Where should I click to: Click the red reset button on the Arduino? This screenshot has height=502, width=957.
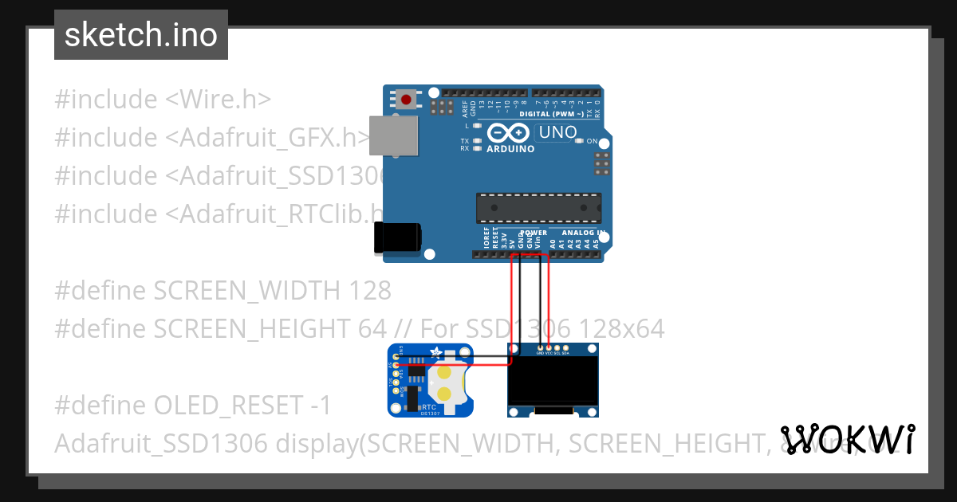tap(407, 100)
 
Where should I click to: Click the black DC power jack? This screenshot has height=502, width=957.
tap(398, 237)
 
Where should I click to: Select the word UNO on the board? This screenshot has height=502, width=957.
tap(557, 132)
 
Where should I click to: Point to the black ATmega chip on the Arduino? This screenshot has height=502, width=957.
tap(538, 207)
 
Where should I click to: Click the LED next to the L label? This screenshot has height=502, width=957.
tap(477, 126)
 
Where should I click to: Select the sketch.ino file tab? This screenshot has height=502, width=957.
tap(141, 35)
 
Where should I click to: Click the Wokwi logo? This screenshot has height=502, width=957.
tap(848, 439)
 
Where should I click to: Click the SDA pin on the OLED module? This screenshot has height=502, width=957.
tap(566, 347)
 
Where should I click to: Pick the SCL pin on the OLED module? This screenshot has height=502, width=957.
tap(557, 347)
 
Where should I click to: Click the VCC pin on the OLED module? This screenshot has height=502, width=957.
tap(549, 347)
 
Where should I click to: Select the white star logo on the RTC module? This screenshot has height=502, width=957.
tap(435, 351)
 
